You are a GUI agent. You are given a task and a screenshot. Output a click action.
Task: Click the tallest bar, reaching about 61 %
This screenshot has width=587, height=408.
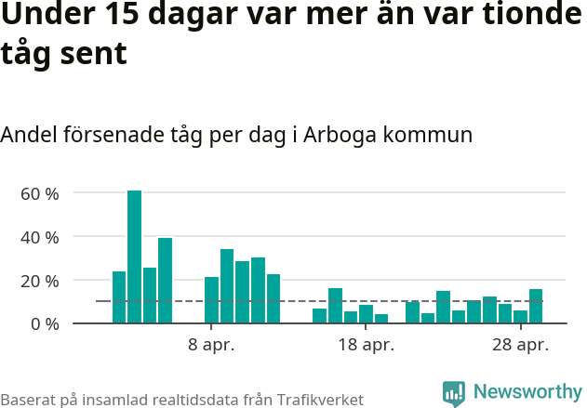point(134,257)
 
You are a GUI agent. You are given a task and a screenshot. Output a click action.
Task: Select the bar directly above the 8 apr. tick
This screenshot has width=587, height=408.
point(211,300)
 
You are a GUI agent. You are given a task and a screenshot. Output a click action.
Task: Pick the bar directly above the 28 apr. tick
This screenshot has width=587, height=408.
point(520,317)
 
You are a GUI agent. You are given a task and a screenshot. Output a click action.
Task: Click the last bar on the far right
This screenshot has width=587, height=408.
point(536,307)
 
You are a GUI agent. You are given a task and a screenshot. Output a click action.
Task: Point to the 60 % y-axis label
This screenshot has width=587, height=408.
point(39,193)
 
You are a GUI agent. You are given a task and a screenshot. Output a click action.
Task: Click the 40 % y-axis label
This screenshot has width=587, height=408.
point(39,237)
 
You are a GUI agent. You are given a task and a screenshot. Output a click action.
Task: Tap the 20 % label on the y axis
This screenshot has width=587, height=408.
point(39,281)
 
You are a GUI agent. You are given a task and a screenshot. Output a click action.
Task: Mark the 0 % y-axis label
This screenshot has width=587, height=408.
point(44,323)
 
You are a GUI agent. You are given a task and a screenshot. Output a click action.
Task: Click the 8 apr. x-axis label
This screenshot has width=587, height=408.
point(211,346)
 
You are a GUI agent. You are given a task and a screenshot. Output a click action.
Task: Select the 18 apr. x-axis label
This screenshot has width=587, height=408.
point(366,346)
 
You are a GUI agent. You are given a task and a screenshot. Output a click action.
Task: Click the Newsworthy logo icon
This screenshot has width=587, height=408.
point(454,394)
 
